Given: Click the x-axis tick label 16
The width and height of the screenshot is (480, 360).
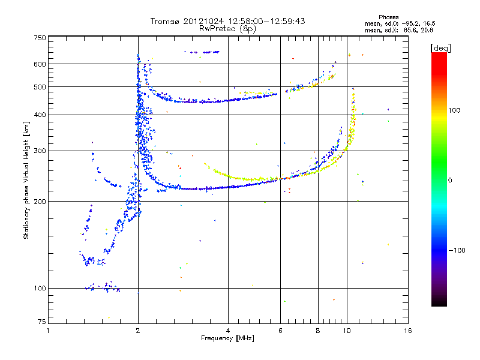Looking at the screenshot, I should [408, 331].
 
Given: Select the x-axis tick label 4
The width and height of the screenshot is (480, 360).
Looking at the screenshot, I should [228, 331].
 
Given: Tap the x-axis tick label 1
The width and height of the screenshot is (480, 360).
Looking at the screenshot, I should [48, 331].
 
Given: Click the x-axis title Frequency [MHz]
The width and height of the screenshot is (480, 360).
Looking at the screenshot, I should [227, 338].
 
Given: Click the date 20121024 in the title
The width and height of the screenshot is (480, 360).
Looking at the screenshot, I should [203, 21].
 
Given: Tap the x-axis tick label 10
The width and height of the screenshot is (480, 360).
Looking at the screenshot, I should [346, 331].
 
